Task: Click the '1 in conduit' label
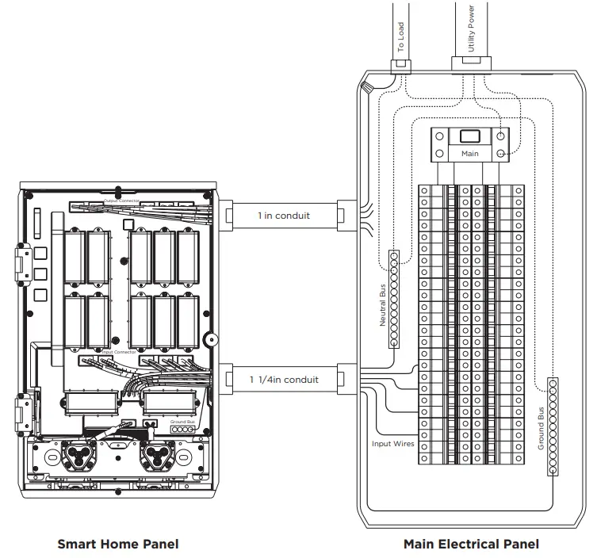[x=283, y=215]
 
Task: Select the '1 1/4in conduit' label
[x=284, y=380]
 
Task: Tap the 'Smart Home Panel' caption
[x=118, y=544]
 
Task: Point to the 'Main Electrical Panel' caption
[x=471, y=544]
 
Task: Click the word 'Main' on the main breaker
[x=470, y=153]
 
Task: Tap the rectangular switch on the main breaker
[x=470, y=136]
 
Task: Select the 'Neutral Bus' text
[x=383, y=305]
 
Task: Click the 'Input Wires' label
[x=393, y=444]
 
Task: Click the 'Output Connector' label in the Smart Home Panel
[x=122, y=201]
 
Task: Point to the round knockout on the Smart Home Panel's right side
[x=210, y=339]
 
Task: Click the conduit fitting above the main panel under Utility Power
[x=472, y=63]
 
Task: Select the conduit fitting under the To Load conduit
[x=401, y=64]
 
